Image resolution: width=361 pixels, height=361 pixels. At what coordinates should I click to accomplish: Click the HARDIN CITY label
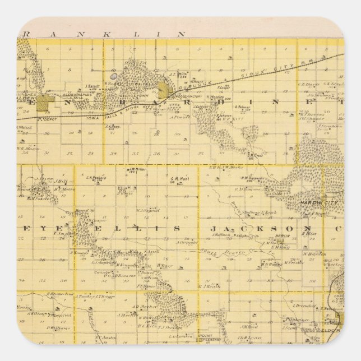[314, 202]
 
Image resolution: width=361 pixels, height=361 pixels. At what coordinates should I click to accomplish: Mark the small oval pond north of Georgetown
[114, 75]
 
